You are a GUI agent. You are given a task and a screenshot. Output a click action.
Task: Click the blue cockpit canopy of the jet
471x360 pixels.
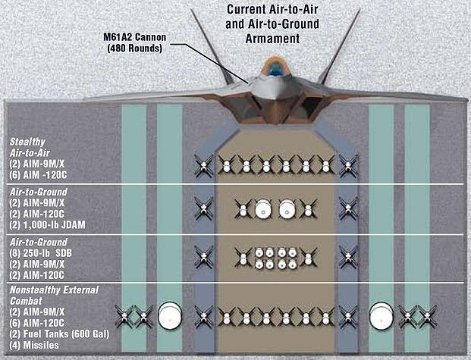click(x=274, y=70)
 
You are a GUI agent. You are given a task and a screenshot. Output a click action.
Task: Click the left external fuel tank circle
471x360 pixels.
click(x=168, y=315)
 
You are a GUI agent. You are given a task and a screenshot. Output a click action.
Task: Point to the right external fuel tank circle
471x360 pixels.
click(x=380, y=315)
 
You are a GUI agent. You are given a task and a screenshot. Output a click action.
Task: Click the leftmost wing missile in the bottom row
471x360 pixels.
click(x=124, y=315)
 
